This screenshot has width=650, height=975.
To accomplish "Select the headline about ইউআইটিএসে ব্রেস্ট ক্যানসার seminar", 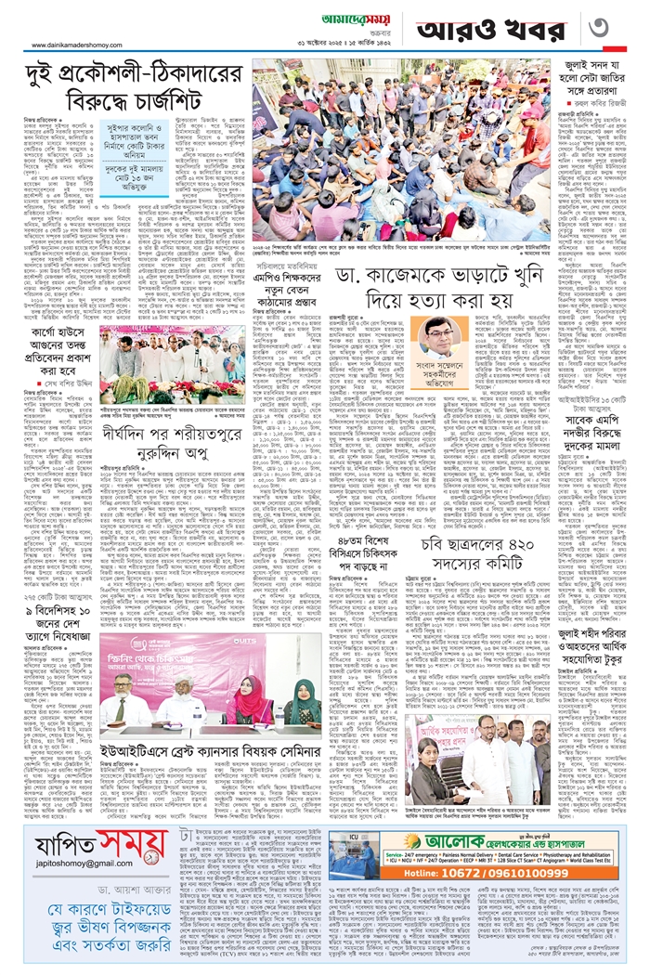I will (x=210, y=722).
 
